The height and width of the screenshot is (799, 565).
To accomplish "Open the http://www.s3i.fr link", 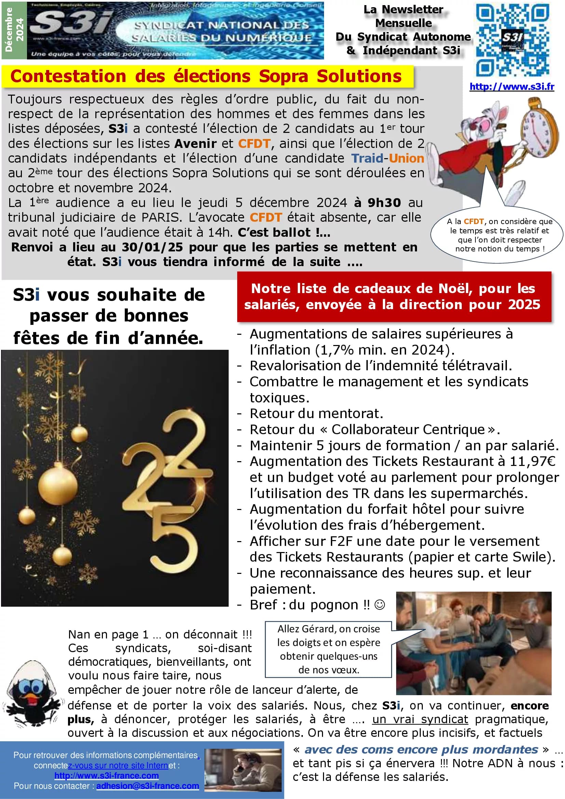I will [x=511, y=86].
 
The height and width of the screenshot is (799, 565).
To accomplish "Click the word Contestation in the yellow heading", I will [x=68, y=76].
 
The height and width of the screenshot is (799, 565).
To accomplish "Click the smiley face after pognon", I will [x=379, y=605].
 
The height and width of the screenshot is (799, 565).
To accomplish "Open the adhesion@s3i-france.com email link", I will [x=148, y=786].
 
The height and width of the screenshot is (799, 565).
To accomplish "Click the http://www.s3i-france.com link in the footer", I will [x=107, y=775].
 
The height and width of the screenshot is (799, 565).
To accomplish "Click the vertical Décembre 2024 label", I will [x=14, y=30].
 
